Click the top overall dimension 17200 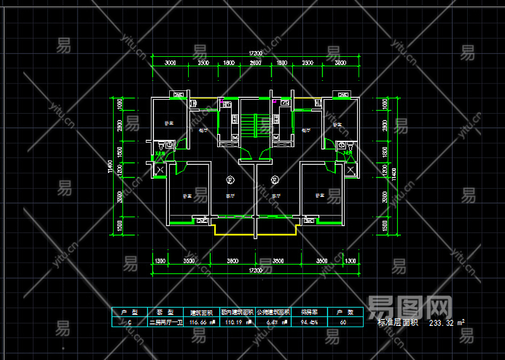(x=255, y=52)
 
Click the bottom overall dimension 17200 (x=255, y=270)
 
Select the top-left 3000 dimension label (x=170, y=63)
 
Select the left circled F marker (x=230, y=179)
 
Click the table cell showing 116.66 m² (x=203, y=322)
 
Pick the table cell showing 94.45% (x=309, y=322)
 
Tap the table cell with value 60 (x=343, y=322)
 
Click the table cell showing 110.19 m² (x=237, y=322)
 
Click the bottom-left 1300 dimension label (x=160, y=260)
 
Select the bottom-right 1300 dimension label (x=350, y=260)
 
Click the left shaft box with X (x=160, y=170)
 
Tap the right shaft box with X (x=350, y=170)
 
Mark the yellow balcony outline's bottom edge (x=255, y=235)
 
